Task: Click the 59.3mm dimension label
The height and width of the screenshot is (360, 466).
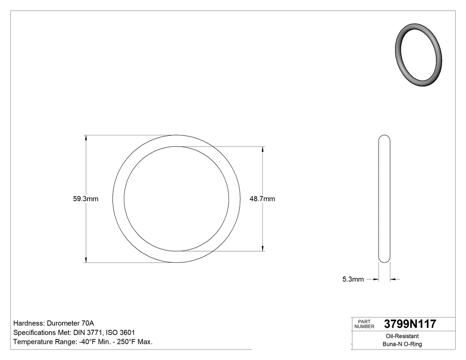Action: (86, 199)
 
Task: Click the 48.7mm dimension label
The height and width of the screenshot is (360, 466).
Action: (262, 199)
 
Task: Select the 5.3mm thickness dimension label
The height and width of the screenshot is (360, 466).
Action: (353, 279)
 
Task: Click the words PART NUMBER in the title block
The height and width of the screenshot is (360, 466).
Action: (364, 324)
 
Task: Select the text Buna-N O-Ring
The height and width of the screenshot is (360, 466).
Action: (402, 344)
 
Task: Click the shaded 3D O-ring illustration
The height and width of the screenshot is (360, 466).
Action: (419, 55)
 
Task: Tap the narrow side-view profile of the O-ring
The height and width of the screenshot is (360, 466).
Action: (384, 198)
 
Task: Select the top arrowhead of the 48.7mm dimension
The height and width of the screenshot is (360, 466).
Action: (264, 149)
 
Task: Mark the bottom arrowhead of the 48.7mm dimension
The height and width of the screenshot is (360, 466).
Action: (264, 249)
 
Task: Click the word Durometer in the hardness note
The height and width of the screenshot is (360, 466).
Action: (62, 323)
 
